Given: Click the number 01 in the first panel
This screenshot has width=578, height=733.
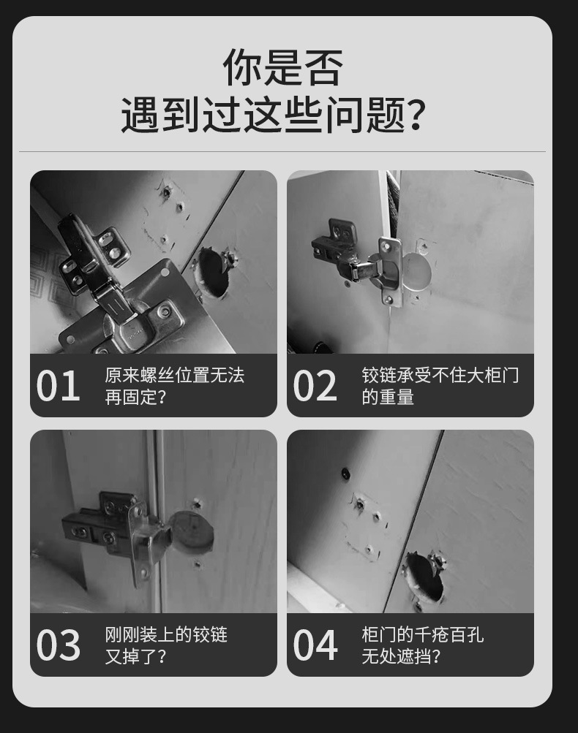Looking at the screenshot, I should coord(58,385).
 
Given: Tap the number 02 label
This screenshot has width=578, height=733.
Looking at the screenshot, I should coord(315,385).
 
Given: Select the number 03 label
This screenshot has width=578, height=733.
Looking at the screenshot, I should coord(58,645).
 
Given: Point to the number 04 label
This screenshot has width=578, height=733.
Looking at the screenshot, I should coord(315,645).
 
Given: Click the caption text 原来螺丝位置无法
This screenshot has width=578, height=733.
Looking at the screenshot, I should coord(174,375).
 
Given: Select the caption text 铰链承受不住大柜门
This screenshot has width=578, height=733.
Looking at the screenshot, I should coord(440,375).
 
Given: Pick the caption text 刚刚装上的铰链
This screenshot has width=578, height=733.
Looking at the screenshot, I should coord(166,634).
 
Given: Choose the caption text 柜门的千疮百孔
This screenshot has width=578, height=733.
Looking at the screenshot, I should coord(422,634).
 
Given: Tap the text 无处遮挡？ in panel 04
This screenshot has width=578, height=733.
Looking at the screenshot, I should coord(401,656).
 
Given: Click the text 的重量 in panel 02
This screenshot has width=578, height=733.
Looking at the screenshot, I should coord(388,397).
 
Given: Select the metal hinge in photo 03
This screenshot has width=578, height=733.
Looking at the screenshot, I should coord(117,526).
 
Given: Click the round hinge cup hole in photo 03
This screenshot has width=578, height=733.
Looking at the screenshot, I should coord(192,532).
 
